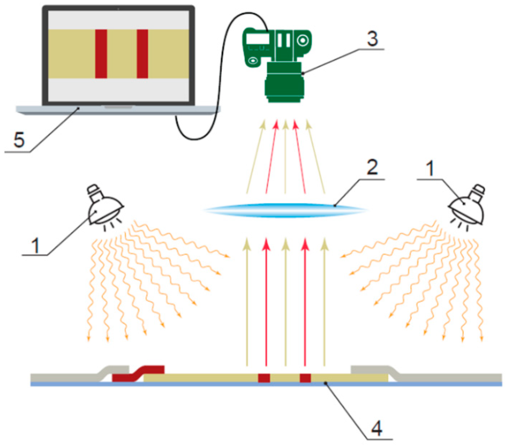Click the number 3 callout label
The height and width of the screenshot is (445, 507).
pyautogui.click(x=372, y=39)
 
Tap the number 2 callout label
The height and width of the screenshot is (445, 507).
pyautogui.click(x=372, y=167)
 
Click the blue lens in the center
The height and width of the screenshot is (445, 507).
pyautogui.click(x=285, y=210)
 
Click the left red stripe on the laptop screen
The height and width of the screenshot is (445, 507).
pyautogui.click(x=101, y=54)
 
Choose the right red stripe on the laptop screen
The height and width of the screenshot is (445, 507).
pyautogui.click(x=142, y=54)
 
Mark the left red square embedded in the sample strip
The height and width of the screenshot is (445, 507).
pyautogui.click(x=264, y=378)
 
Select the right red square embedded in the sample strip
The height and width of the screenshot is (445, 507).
pyautogui.click(x=305, y=378)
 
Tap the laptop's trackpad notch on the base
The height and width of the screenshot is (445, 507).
pyautogui.click(x=118, y=107)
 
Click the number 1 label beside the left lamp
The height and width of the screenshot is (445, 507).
pyautogui.click(x=35, y=245)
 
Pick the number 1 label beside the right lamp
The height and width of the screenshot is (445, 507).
pyautogui.click(x=430, y=168)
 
